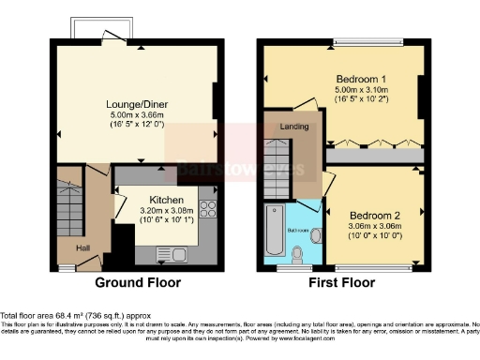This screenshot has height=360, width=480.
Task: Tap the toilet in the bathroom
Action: (299, 252)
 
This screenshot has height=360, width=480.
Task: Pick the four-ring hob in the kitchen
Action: (209, 212)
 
